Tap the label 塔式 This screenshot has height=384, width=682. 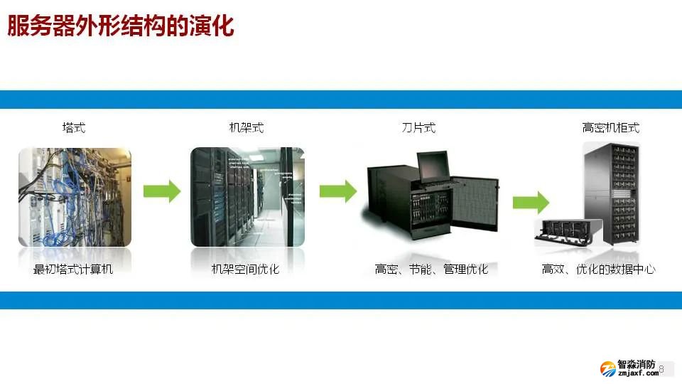[74, 128]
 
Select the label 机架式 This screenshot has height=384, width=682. [247, 128]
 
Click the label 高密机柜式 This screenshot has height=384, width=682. [611, 128]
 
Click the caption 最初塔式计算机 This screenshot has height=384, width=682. [73, 269]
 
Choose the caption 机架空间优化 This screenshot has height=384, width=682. [246, 269]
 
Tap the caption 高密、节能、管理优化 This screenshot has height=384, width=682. [431, 269]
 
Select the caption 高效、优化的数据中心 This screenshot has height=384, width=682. [598, 269]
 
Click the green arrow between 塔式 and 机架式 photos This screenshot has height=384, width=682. [162, 191]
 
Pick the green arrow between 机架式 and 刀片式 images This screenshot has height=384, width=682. [337, 191]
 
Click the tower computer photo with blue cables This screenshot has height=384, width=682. [75, 197]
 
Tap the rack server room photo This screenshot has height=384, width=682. [247, 197]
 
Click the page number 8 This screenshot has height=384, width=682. [661, 369]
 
